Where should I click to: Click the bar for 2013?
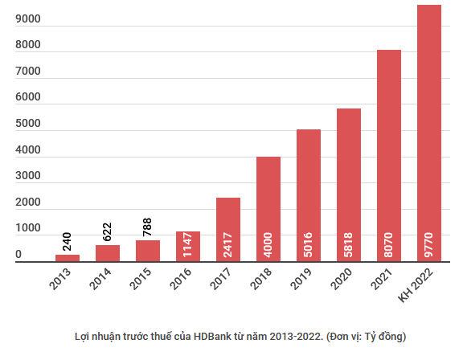click(x=68, y=258)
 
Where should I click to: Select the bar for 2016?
click(x=188, y=246)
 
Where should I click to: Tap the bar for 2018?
click(x=268, y=209)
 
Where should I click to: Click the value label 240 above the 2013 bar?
click(x=68, y=239)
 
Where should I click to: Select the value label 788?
click(x=148, y=226)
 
